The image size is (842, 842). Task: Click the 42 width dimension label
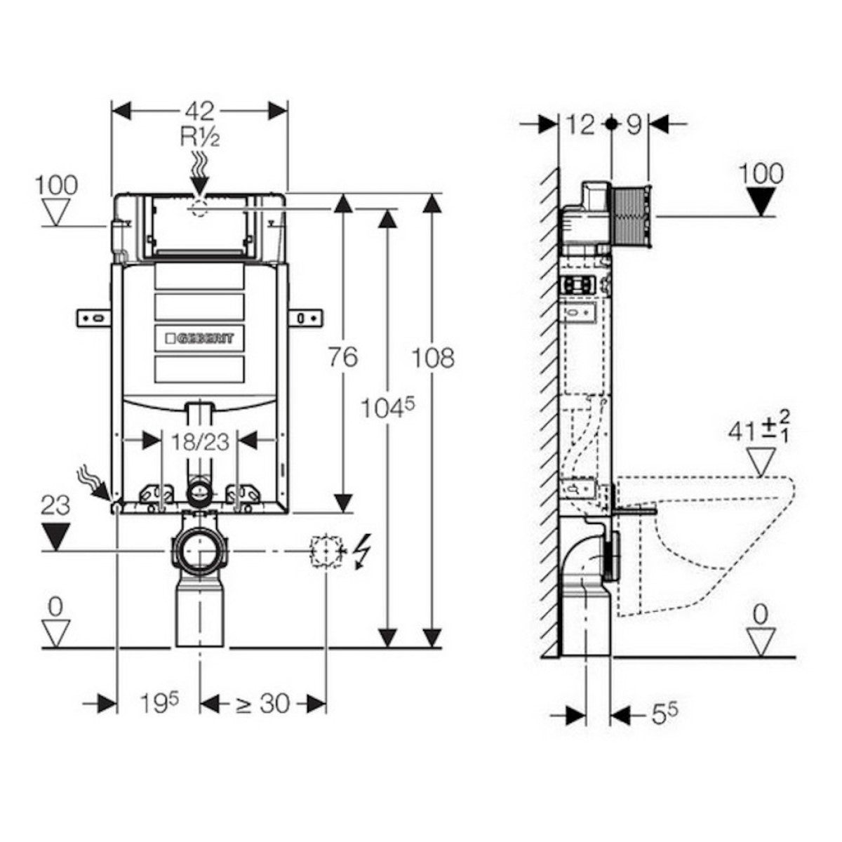pos(200,112)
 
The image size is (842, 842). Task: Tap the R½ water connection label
pos(200,138)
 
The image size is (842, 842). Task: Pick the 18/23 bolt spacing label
pos(200,443)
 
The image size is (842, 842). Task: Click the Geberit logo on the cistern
pos(199,338)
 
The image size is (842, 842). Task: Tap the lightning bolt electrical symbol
pos(363,552)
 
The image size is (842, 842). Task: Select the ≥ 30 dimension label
pos(264,704)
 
